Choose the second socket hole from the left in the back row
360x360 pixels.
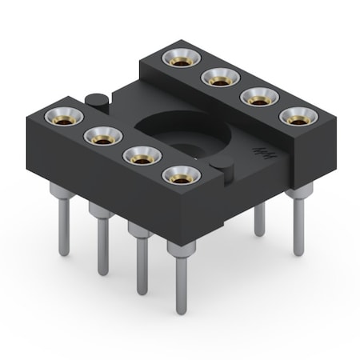pos(217,78)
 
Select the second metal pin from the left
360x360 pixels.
pos(102,240)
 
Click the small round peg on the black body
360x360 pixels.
pos(94,100)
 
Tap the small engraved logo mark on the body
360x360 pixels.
pos(260,150)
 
